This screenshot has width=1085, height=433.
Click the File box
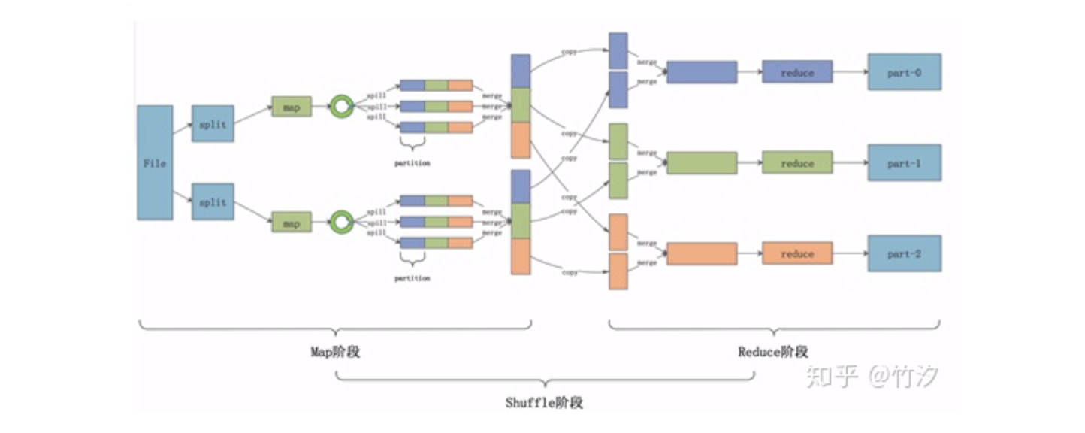[155, 162]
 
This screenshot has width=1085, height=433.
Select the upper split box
[213, 124]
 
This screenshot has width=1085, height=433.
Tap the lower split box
[213, 201]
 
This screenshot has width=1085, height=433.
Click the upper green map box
[291, 107]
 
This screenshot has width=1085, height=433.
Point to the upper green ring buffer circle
[342, 107]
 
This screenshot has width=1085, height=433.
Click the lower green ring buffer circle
[342, 221]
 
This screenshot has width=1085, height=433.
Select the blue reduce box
[797, 72]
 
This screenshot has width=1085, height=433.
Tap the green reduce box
[797, 162]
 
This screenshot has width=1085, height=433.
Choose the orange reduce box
[797, 253]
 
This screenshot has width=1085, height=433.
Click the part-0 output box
[904, 72]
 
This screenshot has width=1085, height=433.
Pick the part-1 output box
[904, 162]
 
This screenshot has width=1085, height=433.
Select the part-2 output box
[904, 253]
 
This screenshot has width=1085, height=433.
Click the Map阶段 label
[335, 352]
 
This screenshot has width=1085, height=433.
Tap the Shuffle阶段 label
[544, 402]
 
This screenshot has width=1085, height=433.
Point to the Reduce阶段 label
[772, 352]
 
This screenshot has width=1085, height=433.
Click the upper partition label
[412, 162]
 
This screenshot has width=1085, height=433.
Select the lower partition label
[412, 277]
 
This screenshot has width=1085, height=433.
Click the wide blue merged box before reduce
[702, 72]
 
